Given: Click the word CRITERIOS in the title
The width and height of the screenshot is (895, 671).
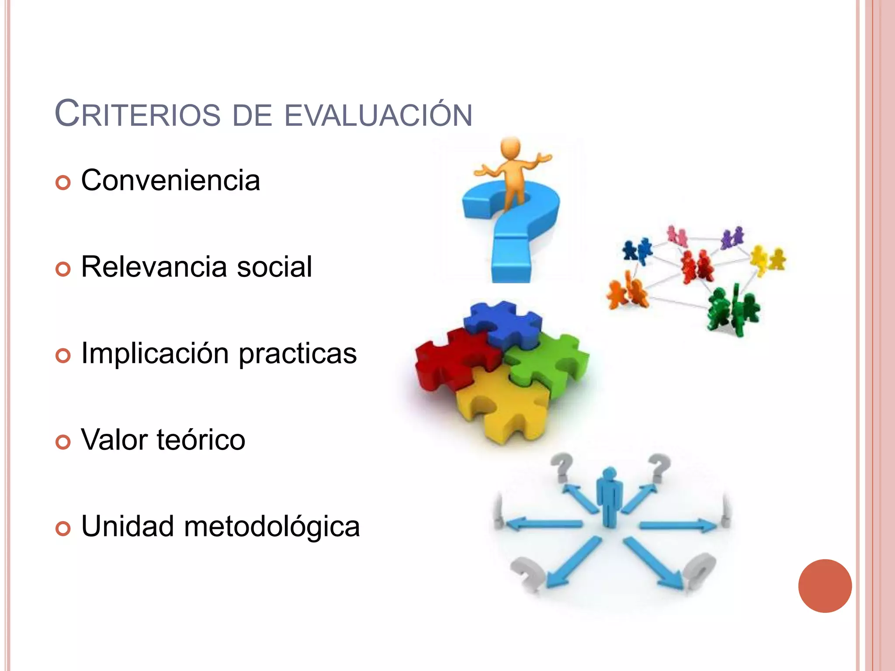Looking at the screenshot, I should coord(138,114).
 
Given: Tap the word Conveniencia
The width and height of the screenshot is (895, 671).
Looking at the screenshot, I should coord(170,180).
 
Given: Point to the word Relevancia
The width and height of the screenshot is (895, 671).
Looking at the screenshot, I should coord(154,266).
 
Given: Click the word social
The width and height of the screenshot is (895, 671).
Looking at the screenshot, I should coord(274,266).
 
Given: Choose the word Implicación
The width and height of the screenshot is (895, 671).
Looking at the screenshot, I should coord(155,353).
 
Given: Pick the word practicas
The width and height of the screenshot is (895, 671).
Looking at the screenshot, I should coord(298,354).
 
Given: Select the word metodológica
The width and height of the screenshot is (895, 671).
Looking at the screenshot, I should coord(272,526).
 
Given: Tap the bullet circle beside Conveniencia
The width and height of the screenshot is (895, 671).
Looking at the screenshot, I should coord(63,183).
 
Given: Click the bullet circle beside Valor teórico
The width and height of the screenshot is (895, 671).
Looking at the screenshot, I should coord(63,442).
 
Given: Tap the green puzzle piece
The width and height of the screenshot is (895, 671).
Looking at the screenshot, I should coord(551,363).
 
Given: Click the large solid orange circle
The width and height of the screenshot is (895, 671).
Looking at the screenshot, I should coord(825,586).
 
